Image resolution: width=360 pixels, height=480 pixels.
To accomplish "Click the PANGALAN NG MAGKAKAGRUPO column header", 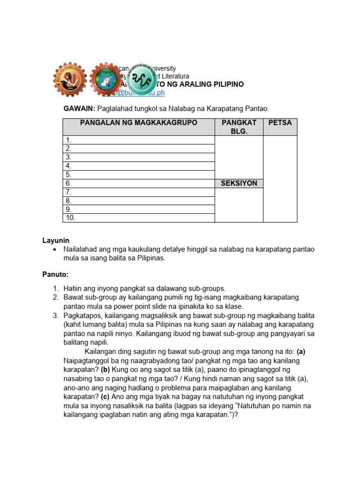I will (x=139, y=123).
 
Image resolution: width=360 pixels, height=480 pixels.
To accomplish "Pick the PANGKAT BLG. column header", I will (x=239, y=127).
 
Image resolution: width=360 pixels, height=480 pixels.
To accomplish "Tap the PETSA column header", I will (x=280, y=123).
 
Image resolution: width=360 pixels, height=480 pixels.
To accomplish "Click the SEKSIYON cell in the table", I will (x=239, y=183).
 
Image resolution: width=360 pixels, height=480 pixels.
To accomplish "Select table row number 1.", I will (x=139, y=140).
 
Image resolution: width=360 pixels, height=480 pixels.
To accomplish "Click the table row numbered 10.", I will (x=139, y=218).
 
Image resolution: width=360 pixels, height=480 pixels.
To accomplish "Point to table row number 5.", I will (x=139, y=175).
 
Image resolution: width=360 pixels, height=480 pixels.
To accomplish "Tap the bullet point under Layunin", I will (x=56, y=249).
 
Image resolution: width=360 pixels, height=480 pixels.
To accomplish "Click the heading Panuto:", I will (x=55, y=274).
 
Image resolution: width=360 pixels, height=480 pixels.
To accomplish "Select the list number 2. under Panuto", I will (x=55, y=298).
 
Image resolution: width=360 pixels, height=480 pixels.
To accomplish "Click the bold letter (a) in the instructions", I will (x=301, y=352).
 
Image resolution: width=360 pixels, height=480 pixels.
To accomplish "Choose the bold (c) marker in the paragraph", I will (x=106, y=397).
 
